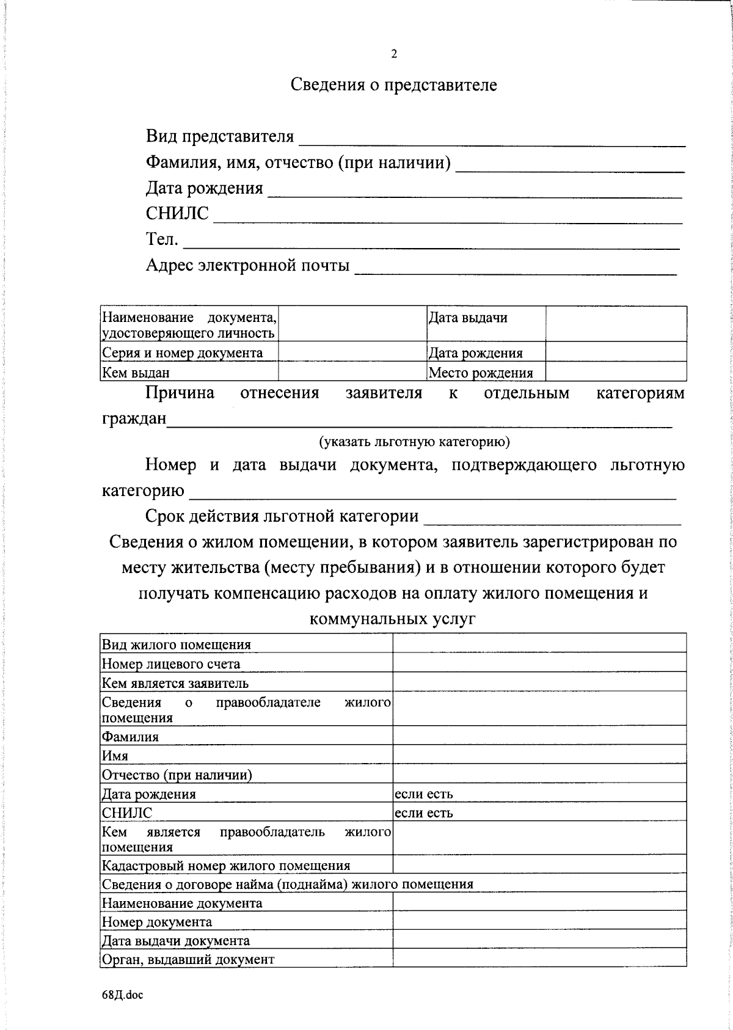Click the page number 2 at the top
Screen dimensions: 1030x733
[x=394, y=54]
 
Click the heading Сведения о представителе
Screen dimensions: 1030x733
[x=393, y=84]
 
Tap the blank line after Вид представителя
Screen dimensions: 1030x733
[x=491, y=139]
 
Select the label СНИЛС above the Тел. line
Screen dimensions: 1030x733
[x=177, y=214]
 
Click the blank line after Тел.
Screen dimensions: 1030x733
[x=431, y=242]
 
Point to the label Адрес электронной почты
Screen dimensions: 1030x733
[x=247, y=266]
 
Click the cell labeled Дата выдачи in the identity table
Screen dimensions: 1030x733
[x=468, y=318]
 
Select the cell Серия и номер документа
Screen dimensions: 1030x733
[x=183, y=353]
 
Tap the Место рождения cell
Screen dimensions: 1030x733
[x=481, y=373]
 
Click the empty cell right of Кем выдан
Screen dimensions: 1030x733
[x=352, y=372]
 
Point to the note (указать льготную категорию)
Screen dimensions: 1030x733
[x=414, y=442]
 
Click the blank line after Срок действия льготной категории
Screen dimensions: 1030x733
[x=552, y=518]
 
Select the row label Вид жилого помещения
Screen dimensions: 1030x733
[x=177, y=645]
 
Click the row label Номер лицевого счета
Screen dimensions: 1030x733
[x=171, y=664]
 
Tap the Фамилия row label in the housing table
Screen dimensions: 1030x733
[x=131, y=737]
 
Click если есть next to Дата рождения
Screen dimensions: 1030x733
[x=424, y=794]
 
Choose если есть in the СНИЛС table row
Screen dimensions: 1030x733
[x=424, y=813]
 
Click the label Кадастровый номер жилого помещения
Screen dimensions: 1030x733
[x=226, y=866]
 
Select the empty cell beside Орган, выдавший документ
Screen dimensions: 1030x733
[x=539, y=959]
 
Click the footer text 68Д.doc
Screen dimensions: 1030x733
[x=122, y=995]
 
